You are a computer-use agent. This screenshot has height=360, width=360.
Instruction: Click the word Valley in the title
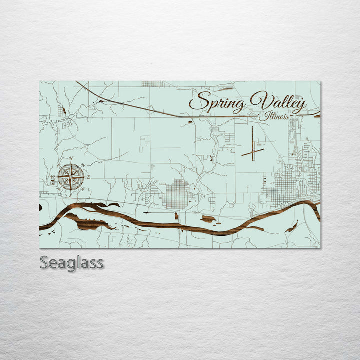click(278, 102)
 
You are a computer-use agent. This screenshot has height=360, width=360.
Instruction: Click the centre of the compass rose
click(71, 177)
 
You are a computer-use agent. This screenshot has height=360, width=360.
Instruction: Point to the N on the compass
click(71, 159)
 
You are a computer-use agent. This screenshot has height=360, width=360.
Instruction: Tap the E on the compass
click(88, 177)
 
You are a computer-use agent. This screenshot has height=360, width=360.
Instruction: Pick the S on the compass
click(71, 195)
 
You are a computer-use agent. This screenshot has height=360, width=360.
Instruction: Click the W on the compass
click(52, 177)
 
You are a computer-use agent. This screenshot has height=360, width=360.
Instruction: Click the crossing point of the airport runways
click(253, 151)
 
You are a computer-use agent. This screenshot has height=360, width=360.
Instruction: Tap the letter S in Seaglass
click(44, 262)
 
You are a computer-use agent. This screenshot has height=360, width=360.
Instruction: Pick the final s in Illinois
click(287, 117)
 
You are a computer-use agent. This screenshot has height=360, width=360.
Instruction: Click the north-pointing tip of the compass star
click(71, 163)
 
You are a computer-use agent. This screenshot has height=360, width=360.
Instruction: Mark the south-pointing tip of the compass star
click(71, 191)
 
